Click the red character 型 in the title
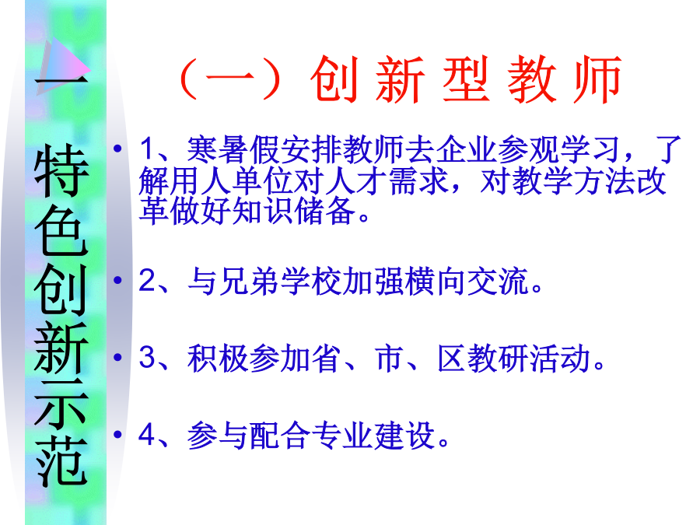(465, 79)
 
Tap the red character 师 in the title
(597, 79)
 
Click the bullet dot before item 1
(118, 148)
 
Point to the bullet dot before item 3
(118, 357)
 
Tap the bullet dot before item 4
(118, 434)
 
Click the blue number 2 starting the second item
(147, 281)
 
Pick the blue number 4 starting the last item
(147, 434)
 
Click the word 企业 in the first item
(467, 149)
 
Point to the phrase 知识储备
(294, 211)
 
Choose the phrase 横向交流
(467, 281)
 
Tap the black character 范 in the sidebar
(61, 460)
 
